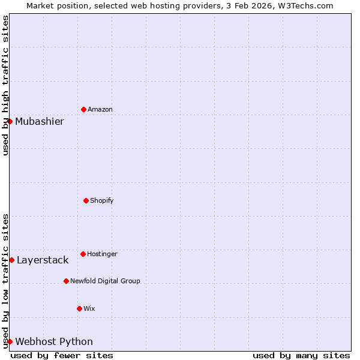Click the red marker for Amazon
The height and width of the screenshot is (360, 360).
(83, 109)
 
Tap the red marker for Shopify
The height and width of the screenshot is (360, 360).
(86, 200)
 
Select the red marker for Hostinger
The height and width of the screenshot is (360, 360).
(83, 254)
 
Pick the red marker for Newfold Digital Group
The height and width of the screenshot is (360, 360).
(66, 281)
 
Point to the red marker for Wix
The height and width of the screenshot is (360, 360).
(79, 308)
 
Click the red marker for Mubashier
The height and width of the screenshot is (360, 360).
(10, 121)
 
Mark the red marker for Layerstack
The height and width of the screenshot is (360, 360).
(11, 260)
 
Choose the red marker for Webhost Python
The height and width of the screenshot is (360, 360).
(10, 341)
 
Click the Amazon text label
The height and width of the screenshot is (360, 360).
(100, 109)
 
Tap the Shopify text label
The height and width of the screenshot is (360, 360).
(102, 200)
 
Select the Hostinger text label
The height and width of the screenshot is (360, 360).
(102, 254)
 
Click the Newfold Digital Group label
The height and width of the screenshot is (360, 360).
(105, 281)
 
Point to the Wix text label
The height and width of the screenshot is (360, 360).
(89, 308)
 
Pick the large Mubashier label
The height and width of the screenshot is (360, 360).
(40, 122)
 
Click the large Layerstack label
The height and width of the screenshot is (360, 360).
(43, 260)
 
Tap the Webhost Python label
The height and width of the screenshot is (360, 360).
(54, 342)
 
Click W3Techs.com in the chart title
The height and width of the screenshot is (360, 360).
(308, 5)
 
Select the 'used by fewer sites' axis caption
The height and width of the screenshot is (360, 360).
(62, 355)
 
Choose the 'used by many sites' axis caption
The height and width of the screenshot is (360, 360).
(301, 355)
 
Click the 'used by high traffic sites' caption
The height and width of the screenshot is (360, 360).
(5, 85)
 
